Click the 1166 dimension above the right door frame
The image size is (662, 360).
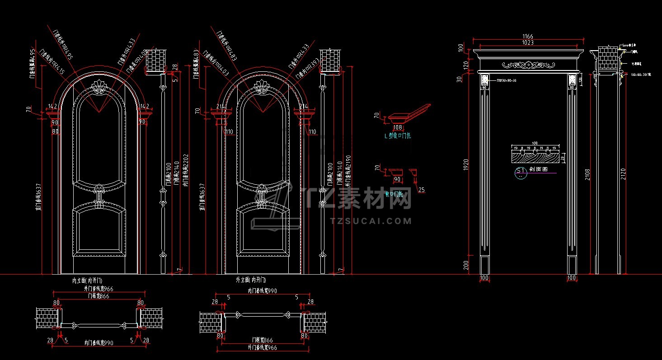[527, 37]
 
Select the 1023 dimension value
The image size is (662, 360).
[527, 43]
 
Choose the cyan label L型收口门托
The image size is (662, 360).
[397, 135]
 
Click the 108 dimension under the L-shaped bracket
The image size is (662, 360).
[398, 128]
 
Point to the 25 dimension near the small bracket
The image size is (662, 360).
[421, 190]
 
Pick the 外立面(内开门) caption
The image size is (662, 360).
[250, 281]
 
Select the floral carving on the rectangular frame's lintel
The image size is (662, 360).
[527, 65]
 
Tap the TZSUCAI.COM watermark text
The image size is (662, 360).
[371, 221]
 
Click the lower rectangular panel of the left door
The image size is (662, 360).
[99, 229]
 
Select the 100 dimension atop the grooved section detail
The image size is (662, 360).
[535, 143]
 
